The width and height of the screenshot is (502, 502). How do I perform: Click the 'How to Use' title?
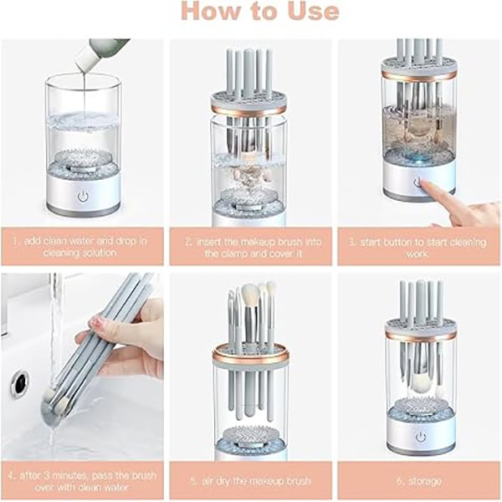(x=259, y=11)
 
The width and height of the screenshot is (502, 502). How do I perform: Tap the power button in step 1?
(x=83, y=196)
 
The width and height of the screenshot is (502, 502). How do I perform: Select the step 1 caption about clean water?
(x=79, y=247)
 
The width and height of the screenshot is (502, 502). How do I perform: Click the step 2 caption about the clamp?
(x=254, y=248)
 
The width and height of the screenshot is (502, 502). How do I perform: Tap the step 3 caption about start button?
(x=417, y=248)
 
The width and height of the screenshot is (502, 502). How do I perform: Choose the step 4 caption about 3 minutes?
(x=82, y=481)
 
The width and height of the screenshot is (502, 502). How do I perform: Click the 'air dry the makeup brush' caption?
(x=250, y=481)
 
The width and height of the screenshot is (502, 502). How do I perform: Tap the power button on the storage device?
(x=421, y=437)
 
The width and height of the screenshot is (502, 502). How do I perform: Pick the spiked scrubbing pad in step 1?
(x=83, y=157)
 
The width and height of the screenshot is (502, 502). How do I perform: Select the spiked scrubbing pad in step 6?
(x=421, y=405)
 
